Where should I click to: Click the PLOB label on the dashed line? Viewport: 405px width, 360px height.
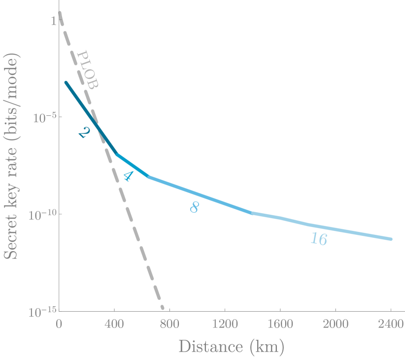89,70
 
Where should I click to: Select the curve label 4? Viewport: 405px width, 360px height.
128,176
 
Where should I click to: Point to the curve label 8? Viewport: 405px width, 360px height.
194,207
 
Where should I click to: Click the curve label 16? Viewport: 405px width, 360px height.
319,239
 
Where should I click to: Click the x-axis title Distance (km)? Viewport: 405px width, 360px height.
231,346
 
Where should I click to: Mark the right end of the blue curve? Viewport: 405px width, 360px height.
391,239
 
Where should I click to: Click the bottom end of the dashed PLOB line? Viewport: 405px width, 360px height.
163,308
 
